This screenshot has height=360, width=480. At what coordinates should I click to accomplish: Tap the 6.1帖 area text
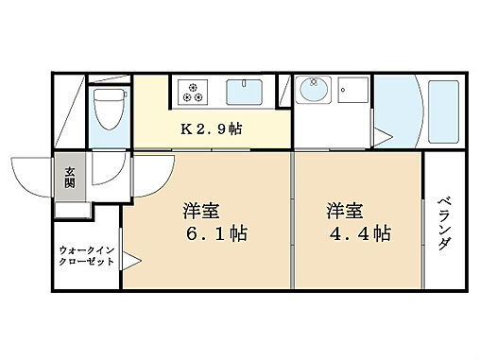pos(216,232)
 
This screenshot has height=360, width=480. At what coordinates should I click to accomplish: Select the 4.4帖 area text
pos(359,232)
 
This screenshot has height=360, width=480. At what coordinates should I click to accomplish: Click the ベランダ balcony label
pos(445,221)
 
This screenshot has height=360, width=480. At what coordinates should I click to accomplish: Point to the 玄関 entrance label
pos(70,177)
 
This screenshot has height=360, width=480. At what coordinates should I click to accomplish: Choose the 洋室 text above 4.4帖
pos(346,209)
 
